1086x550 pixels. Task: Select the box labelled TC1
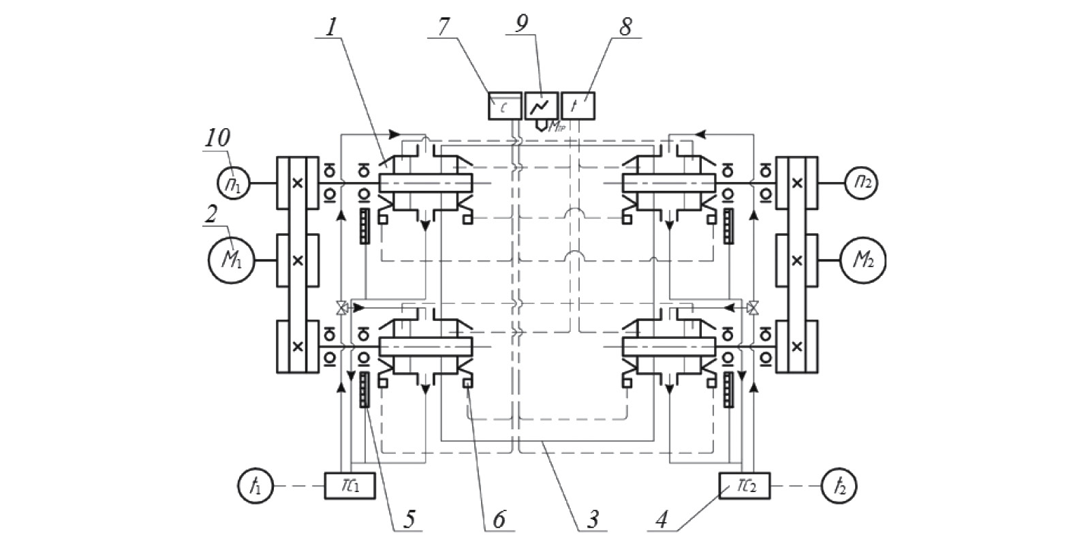coord(350,486)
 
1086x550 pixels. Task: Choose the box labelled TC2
coord(744,486)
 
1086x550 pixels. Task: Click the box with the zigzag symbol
coord(542,106)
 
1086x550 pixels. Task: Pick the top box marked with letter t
coord(578,106)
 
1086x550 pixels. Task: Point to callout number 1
coord(331,28)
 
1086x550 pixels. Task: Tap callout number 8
coord(625,27)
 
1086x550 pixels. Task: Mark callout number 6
coord(499,519)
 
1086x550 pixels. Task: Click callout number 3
coord(593,519)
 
